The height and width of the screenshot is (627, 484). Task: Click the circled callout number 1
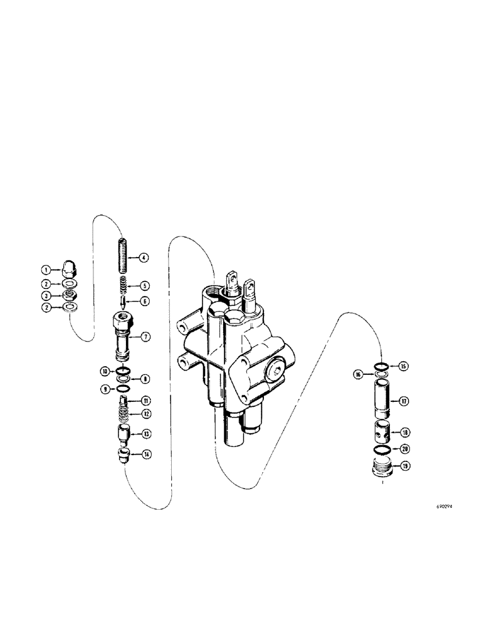click(46, 270)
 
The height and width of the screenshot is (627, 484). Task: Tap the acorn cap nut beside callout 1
click(67, 270)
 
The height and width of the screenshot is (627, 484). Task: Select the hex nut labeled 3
click(67, 295)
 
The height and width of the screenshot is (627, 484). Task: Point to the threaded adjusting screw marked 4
click(124, 251)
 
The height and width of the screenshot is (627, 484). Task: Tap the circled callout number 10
click(104, 371)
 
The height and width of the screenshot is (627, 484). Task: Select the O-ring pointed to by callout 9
click(124, 389)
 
